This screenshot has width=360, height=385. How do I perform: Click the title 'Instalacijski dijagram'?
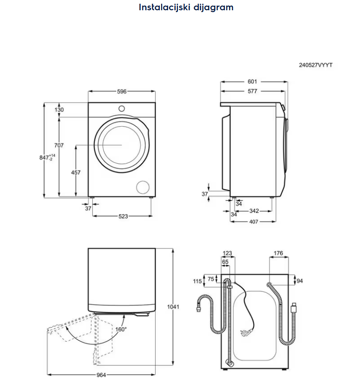point(186,7)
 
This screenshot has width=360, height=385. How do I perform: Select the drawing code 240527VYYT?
point(315,65)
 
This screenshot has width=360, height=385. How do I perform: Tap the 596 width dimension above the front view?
point(122,92)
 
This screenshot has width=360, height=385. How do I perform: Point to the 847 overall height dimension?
point(47,157)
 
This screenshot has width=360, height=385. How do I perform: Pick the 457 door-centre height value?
point(75,173)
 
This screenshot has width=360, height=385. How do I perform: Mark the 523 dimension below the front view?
point(122,216)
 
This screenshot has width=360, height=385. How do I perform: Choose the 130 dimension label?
point(59,110)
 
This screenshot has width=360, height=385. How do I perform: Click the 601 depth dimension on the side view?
point(252,82)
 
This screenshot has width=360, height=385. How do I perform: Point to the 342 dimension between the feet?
point(254,211)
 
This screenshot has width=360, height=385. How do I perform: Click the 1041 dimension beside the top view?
point(173,307)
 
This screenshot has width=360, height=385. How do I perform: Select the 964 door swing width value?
point(101,375)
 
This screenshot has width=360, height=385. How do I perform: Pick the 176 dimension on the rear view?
point(278,254)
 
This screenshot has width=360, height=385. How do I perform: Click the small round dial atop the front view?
point(122,108)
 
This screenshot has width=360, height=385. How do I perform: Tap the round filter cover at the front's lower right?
point(142,187)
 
